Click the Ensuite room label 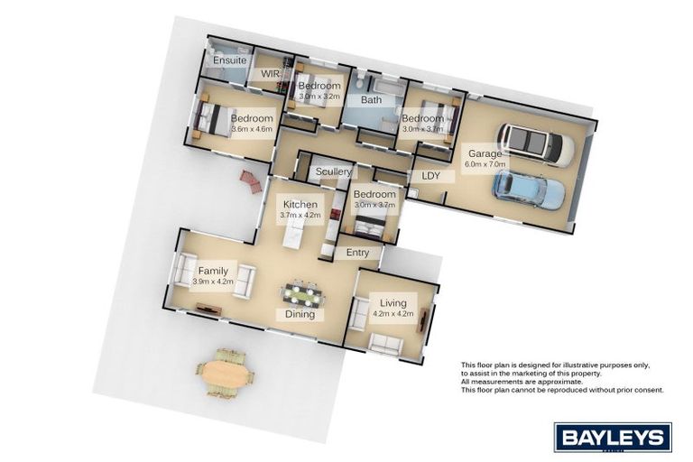230,60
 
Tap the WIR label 270,73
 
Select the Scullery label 334,171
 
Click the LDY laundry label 431,176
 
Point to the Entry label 357,253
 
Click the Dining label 300,314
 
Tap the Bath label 371,100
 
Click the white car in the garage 536,144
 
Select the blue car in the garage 529,190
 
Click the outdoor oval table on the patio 226,374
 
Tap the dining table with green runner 302,295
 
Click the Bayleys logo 613,438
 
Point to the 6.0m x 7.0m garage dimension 485,164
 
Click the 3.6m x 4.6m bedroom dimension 252,129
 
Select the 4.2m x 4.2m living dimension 393,313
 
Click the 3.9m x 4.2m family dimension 213,282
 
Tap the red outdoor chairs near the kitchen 251,181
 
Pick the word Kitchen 300,205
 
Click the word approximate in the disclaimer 562,382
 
